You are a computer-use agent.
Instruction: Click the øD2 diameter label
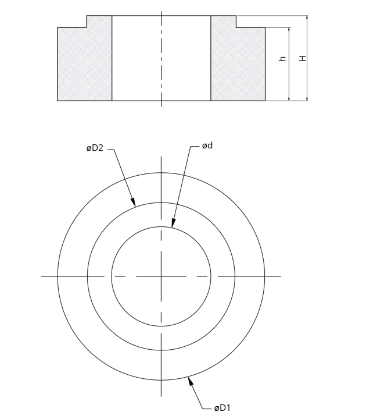pyautogui.click(x=95, y=149)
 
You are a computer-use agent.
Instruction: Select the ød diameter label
pyautogui.click(x=207, y=145)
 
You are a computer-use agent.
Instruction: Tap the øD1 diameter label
pyautogui.click(x=222, y=408)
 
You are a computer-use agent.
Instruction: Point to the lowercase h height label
pyautogui.click(x=283, y=59)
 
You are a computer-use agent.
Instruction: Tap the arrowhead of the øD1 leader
pyautogui.click(x=189, y=381)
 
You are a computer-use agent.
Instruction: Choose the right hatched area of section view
pyautogui.click(x=237, y=63)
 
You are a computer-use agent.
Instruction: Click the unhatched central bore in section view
pyautogui.click(x=161, y=58)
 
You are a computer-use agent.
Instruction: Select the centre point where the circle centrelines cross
pyautogui.click(x=162, y=276)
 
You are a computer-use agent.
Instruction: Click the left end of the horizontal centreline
pyautogui.click(x=42, y=276)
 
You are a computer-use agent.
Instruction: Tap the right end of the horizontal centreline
pyautogui.click(x=281, y=276)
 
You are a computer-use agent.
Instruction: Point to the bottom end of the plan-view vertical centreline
pyautogui.click(x=162, y=397)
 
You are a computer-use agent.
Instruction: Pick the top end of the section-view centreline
pyautogui.click(x=162, y=10)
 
